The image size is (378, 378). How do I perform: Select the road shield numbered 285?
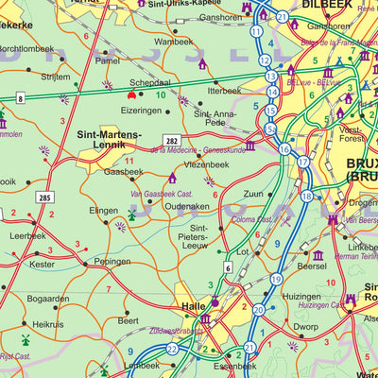pos(44,198)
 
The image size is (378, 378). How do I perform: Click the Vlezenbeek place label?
pos(207,163)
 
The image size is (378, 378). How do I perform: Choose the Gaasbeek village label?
pos(124,172)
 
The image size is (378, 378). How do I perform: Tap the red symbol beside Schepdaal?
pos(131,94)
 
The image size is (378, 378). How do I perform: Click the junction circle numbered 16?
pos(284,148)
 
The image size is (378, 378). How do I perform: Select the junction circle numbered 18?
pos(305,196)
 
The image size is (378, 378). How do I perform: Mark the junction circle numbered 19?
pos(276,280)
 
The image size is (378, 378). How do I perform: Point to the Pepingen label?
pos(112,261)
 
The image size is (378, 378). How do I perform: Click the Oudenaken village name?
pos(186,205)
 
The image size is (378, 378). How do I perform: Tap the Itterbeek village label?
pos(224,91)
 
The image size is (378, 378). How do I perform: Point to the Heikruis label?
pos(47,324)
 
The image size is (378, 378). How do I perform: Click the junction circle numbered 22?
pos(172,349)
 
